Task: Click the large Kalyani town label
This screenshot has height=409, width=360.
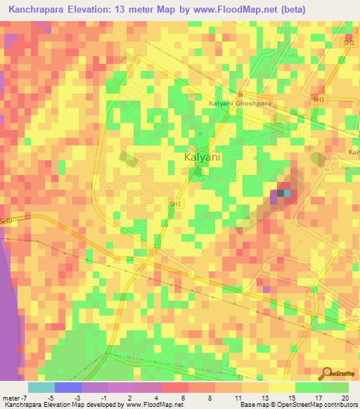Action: [x=202, y=157]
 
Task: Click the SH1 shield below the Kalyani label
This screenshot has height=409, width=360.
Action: [x=175, y=204]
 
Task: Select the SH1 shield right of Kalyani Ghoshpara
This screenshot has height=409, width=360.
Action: [x=319, y=100]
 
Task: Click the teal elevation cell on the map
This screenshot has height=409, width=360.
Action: [x=287, y=193]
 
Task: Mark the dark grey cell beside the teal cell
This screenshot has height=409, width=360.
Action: [x=280, y=193]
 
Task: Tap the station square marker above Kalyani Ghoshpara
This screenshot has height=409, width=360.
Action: [x=240, y=94]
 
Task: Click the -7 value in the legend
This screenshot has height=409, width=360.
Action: [x=23, y=397]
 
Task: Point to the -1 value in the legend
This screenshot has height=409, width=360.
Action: [x=103, y=397]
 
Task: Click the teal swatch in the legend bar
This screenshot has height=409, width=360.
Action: [x=41, y=387]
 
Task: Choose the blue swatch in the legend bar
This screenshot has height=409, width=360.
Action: [x=67, y=387]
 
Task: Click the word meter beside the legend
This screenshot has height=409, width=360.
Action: [x=11, y=397]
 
